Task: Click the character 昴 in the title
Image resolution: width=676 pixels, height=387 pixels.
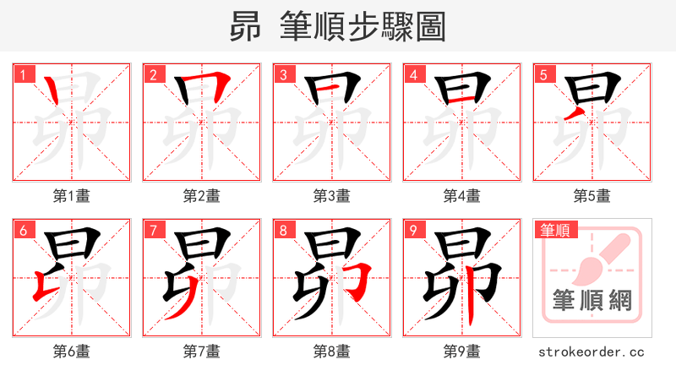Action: click(246, 27)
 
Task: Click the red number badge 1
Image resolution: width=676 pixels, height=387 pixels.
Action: click(23, 75)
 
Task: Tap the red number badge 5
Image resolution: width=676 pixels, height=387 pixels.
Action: click(543, 75)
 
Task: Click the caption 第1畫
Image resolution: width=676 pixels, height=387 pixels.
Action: click(72, 196)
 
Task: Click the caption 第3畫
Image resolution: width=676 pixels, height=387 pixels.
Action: click(332, 196)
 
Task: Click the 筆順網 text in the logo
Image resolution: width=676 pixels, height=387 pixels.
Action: click(592, 301)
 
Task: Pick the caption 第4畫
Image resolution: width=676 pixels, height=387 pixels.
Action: click(462, 196)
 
